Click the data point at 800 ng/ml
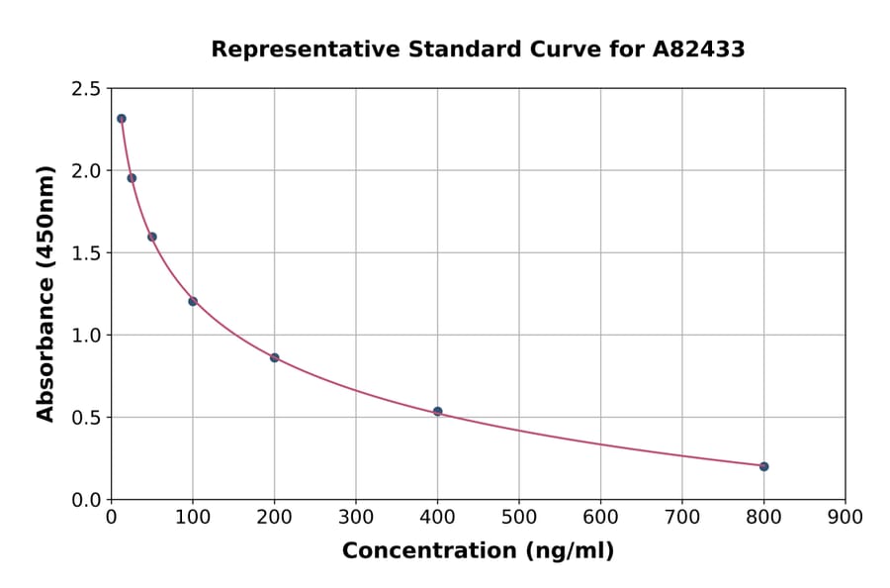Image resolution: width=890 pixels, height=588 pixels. pos(763,466)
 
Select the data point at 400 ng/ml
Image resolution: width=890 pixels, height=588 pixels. pos(437,411)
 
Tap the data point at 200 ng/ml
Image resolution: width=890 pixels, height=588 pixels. pos(274,357)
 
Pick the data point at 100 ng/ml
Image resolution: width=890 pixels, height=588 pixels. pos(193,301)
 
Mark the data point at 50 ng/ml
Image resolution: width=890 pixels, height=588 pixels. pos(152,237)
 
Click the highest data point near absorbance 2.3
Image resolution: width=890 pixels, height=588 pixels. pos(122,119)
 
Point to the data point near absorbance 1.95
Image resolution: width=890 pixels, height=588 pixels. pos(132,178)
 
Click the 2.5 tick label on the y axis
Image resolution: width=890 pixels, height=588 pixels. pos(85,89)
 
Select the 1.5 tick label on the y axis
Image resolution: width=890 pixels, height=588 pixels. pos(85,253)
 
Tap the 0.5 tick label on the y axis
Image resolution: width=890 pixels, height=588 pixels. pos(85,418)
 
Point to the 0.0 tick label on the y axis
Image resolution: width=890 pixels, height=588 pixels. pos(85,500)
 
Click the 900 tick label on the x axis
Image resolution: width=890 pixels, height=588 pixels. pos(845,517)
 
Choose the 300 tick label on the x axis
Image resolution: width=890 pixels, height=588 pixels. pos(356,517)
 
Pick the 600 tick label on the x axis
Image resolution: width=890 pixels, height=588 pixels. pos(600,517)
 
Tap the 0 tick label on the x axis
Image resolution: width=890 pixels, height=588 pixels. pos(111,517)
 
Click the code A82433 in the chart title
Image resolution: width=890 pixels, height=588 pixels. pos(699,49)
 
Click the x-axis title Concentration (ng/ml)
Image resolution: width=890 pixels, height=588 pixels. pos(478,551)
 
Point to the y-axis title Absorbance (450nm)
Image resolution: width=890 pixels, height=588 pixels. pos(45,293)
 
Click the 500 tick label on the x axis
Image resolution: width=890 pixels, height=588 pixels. pos(519,517)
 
